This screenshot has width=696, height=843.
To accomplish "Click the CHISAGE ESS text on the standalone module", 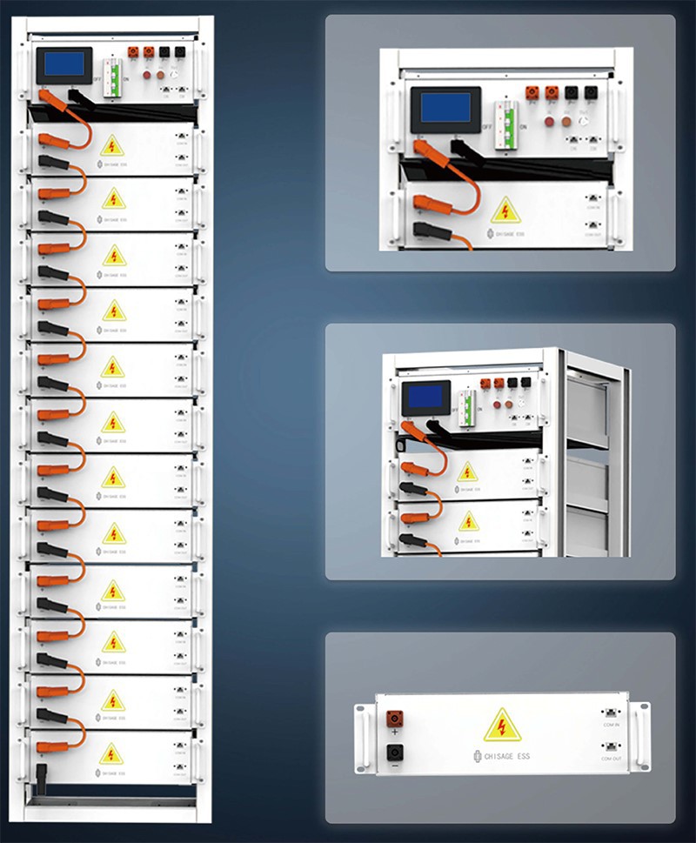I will pos(505,757).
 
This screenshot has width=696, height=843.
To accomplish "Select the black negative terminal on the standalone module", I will pos(394,753).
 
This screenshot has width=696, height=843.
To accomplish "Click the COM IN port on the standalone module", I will pos(611,714).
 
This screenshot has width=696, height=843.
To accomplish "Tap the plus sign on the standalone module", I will pos(394,735).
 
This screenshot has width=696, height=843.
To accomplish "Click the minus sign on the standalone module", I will pos(394,767).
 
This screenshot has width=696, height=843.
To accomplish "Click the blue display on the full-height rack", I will pos(65,64).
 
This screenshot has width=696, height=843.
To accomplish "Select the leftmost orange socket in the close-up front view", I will pos(532,92).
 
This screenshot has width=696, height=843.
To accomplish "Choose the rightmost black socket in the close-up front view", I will pos(592,92).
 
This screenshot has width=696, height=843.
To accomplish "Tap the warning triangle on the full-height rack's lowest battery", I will pos(112,753).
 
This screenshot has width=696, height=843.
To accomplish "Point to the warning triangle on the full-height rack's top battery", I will pos(112,145).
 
